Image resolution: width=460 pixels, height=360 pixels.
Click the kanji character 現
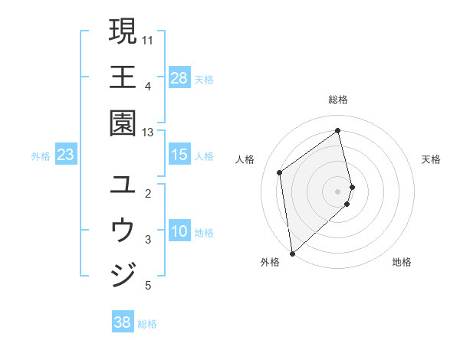pos(123,31)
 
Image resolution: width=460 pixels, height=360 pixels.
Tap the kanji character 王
pos(123,77)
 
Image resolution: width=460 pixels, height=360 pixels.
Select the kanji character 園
pos(123,123)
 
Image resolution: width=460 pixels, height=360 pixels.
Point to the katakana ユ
pos(123,185)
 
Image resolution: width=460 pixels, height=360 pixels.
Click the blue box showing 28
pos(179,77)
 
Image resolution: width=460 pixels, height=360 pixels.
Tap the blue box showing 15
pos(179,155)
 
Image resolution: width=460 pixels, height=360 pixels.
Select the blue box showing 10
pos(179,231)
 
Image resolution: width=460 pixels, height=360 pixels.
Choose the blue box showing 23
pos(66,155)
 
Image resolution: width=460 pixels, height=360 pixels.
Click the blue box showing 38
pos(123,322)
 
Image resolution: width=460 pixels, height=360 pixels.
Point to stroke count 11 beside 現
pos(148,39)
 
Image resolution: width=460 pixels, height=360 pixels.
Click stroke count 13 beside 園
pos(148,132)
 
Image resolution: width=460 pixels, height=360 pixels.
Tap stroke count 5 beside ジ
pos(148,286)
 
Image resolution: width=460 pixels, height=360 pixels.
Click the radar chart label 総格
pos(338,100)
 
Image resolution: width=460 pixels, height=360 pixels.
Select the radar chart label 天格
pos(431,159)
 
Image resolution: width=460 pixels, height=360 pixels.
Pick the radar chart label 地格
pos(402,262)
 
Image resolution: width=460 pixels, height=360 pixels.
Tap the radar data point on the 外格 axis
pos(292,253)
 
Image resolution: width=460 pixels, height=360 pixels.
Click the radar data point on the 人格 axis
pos(280,172)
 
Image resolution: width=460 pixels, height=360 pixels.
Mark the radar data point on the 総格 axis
pos(338,131)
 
